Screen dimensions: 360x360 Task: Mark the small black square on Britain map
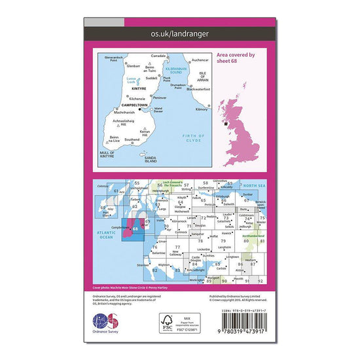[x=226, y=122]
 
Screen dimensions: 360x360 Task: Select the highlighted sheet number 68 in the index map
[x=135, y=228]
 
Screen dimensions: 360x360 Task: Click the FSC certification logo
[x=171, y=323]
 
